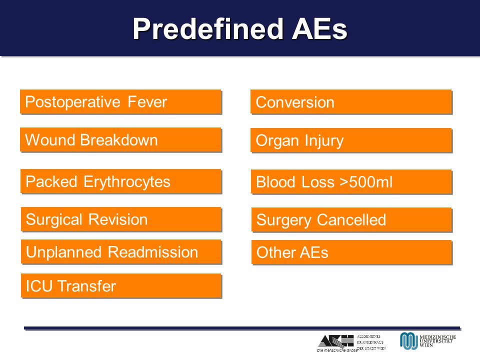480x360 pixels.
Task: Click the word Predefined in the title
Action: pos(208,29)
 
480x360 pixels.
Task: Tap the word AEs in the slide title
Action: pos(319,29)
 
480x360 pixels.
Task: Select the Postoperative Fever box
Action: pos(120,101)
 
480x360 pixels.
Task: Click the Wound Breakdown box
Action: pos(120,139)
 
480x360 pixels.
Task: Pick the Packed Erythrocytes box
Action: pos(121,181)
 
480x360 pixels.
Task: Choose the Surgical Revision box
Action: pos(121,219)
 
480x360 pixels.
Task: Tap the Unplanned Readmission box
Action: pos(121,252)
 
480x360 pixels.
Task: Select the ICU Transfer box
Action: pos(121,285)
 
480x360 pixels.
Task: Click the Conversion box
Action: pos(351,101)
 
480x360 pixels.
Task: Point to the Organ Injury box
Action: pos(351,140)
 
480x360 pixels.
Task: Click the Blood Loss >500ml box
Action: pos(351,181)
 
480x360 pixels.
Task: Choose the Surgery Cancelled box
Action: pos(351,219)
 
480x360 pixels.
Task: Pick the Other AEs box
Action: pos(351,252)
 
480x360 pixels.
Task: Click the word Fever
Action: pos(147,101)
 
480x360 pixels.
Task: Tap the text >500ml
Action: pos(366,182)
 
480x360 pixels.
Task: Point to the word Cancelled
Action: pos(351,220)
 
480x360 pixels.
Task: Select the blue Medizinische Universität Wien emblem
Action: pos(408,340)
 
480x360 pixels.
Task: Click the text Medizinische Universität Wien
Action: pos(437,341)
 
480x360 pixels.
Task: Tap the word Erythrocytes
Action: pos(126,182)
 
